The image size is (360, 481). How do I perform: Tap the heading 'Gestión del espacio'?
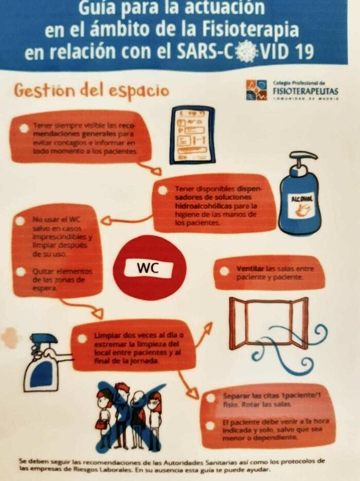(91, 91)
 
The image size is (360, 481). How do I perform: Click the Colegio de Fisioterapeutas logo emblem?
(256, 90)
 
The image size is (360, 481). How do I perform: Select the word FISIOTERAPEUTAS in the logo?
(305, 92)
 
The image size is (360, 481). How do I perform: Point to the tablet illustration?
(192, 135)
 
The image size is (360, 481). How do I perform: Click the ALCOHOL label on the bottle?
(302, 200)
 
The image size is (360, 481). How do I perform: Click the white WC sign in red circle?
(150, 268)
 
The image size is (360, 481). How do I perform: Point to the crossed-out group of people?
(130, 415)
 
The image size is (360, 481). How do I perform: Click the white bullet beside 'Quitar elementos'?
(21, 271)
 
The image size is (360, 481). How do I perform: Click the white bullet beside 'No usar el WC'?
(20, 220)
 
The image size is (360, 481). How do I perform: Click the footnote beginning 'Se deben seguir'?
(172, 465)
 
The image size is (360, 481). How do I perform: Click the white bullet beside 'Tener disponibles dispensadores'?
(163, 190)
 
